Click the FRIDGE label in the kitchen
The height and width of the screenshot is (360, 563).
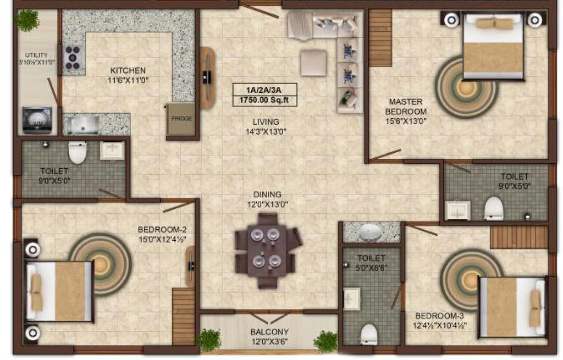pos(181,119)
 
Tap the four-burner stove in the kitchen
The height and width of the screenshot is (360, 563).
pos(73,57)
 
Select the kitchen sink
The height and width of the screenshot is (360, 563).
pos(81,124)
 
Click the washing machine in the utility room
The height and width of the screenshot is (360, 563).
pos(37,120)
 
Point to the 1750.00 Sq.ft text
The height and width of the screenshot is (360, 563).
pos(264,100)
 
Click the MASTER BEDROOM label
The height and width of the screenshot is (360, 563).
pos(406,107)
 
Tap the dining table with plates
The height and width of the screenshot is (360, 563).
pos(266,251)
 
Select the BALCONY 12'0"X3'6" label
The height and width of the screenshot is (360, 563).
pos(269,337)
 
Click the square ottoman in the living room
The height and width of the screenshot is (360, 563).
pos(313,63)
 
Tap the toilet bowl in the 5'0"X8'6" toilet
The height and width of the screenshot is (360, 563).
pos(369,334)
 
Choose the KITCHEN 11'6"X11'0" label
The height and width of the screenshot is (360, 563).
pos(128,75)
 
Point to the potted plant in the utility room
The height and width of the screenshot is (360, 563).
pos(27,20)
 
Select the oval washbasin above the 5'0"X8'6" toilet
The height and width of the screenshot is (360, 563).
pos(371,232)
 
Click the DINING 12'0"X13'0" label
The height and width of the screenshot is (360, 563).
pos(268,200)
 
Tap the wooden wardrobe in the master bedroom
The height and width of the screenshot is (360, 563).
pos(380,38)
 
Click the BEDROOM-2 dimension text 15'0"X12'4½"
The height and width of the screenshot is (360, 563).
pos(162,239)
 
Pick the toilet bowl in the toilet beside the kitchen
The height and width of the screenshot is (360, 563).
pos(78,152)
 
